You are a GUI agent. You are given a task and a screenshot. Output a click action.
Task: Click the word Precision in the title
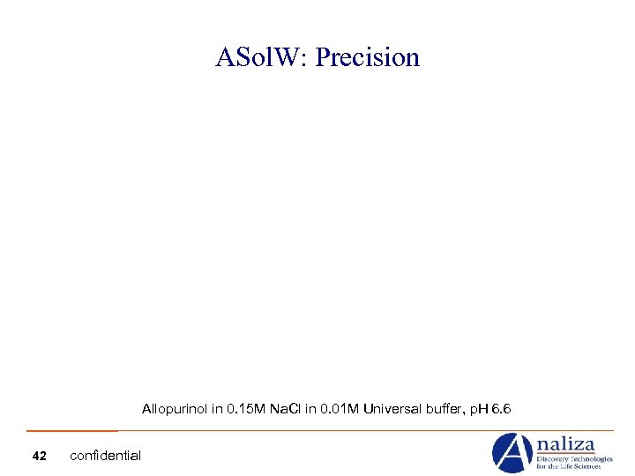click(368, 58)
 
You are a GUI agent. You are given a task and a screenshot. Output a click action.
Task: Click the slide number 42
click(39, 456)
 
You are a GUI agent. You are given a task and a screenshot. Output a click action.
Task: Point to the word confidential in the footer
click(105, 456)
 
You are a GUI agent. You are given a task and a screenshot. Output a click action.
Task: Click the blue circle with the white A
click(512, 453)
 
